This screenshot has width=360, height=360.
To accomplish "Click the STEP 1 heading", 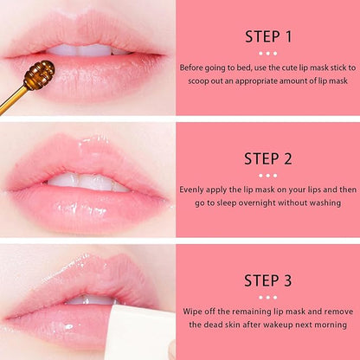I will click(268, 36).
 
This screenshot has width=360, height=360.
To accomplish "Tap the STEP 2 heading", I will click(268, 157).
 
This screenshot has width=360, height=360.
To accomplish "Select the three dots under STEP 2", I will click(268, 174).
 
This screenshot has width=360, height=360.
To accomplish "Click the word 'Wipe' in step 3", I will click(193, 310).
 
